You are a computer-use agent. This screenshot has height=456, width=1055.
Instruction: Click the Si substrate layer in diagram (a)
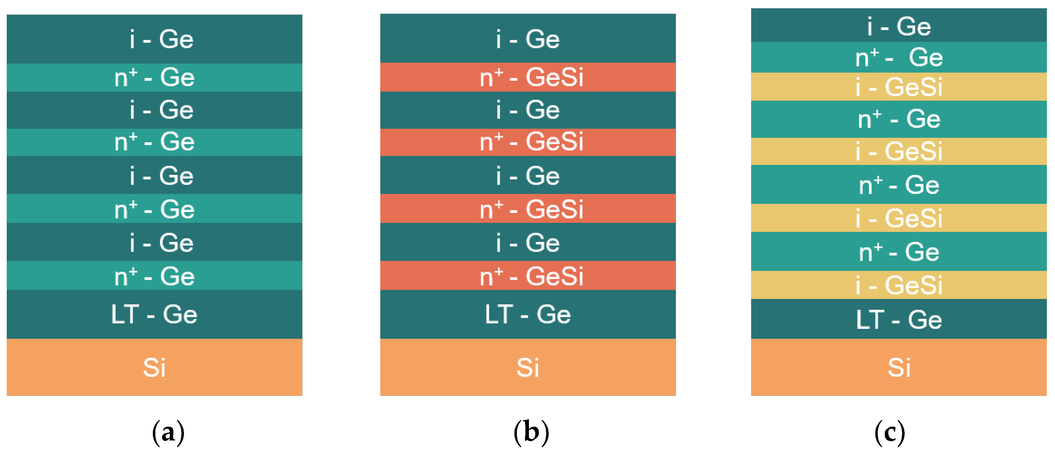[154, 367]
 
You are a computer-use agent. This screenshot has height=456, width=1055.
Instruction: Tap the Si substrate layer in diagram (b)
[528, 367]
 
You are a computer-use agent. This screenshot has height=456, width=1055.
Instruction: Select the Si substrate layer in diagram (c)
[899, 367]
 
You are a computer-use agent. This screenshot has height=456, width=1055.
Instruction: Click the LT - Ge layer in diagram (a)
[154, 314]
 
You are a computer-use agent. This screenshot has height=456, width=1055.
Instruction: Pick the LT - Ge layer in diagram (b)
[528, 314]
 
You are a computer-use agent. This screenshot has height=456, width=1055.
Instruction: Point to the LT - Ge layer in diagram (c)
[899, 319]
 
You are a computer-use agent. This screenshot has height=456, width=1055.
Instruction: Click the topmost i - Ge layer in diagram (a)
[154, 39]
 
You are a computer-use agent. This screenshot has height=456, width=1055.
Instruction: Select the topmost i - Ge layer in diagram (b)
[528, 38]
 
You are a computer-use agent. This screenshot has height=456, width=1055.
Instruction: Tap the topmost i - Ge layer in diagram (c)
[899, 25]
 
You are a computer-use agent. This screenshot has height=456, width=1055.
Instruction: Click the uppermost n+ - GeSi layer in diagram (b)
[528, 77]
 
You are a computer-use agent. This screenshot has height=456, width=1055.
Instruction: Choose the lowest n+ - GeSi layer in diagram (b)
[528, 275]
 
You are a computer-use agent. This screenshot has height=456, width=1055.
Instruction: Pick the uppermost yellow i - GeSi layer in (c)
[899, 87]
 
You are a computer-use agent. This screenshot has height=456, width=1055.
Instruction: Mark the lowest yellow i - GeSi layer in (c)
[899, 285]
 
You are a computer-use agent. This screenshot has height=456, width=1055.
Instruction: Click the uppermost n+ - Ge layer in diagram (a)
[154, 77]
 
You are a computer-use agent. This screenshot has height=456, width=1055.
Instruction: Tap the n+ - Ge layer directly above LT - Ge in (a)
[154, 275]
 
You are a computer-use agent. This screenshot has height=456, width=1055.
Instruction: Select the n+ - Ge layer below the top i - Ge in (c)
[899, 57]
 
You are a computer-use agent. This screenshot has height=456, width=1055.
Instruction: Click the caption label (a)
[168, 432]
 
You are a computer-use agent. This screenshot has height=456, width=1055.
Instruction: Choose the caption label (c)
[889, 432]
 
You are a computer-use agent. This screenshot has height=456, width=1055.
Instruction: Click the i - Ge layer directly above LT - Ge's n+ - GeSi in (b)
[528, 242]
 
